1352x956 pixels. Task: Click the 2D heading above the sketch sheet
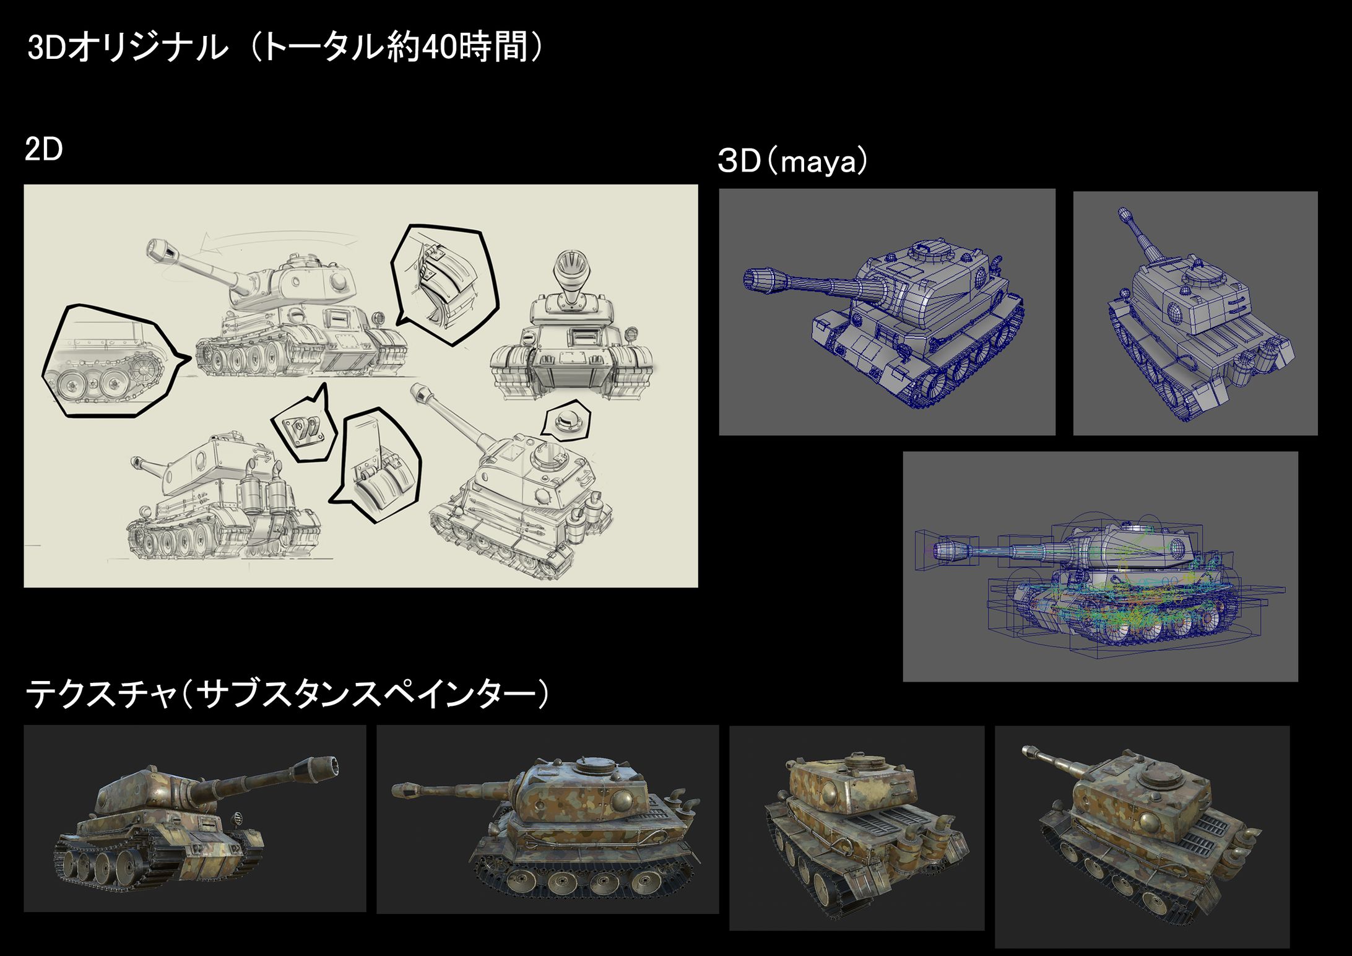pos(43,150)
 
